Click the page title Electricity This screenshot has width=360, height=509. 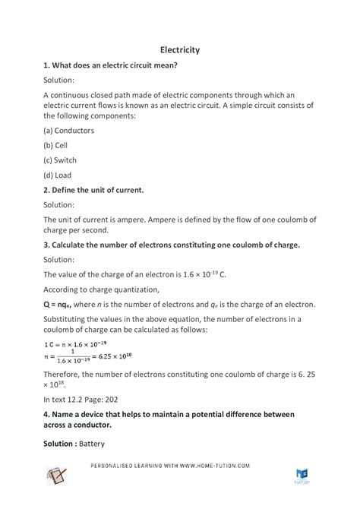click(x=180, y=49)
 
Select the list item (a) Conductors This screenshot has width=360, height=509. click(x=70, y=130)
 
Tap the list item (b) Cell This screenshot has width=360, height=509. click(x=58, y=145)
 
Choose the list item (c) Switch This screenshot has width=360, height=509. click(x=62, y=160)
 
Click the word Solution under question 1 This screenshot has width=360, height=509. click(x=59, y=80)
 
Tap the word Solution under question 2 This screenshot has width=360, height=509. click(x=59, y=204)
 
